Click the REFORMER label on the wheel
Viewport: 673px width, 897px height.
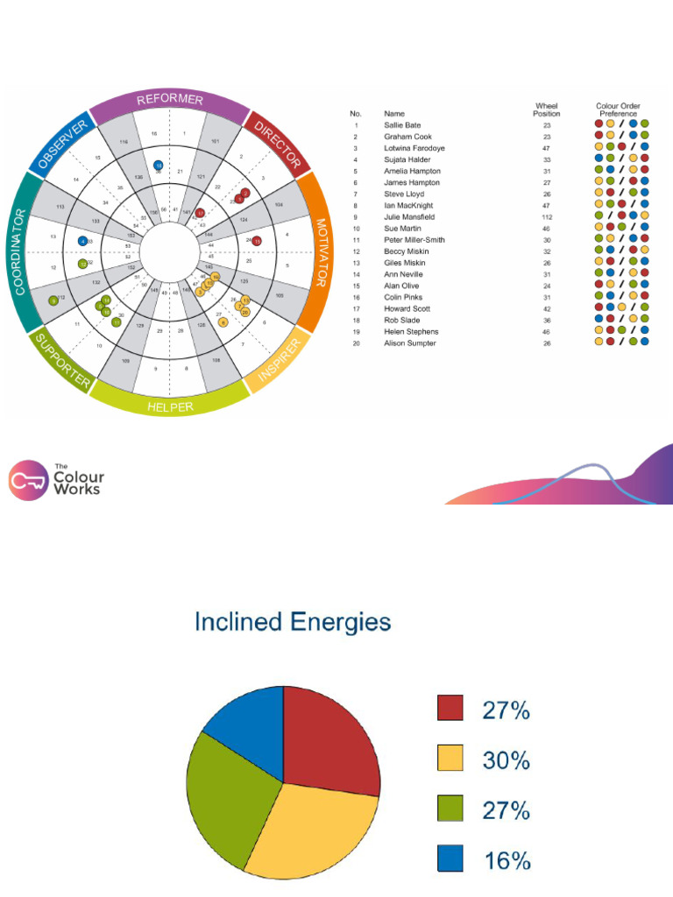pos(170,101)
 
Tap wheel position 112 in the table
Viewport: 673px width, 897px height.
pos(546,216)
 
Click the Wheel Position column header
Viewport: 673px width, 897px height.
pos(547,109)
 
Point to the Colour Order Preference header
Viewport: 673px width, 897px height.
pos(619,109)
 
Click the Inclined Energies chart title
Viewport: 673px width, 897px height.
pos(293,623)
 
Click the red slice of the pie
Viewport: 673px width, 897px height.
pos(329,745)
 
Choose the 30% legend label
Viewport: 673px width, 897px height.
pos(506,761)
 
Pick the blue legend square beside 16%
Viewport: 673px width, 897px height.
pos(450,859)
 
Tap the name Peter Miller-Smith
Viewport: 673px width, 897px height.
pos(414,239)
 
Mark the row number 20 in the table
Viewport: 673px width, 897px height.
pos(356,343)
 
